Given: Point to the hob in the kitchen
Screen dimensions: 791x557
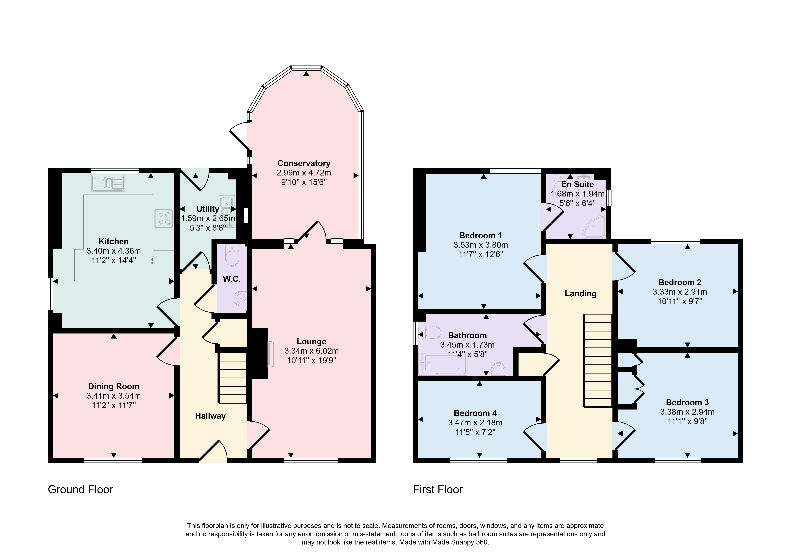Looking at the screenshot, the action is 163,218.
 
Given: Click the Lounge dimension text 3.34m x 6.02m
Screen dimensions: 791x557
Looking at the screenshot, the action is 311,351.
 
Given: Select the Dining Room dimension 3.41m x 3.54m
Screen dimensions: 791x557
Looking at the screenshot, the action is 114,396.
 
